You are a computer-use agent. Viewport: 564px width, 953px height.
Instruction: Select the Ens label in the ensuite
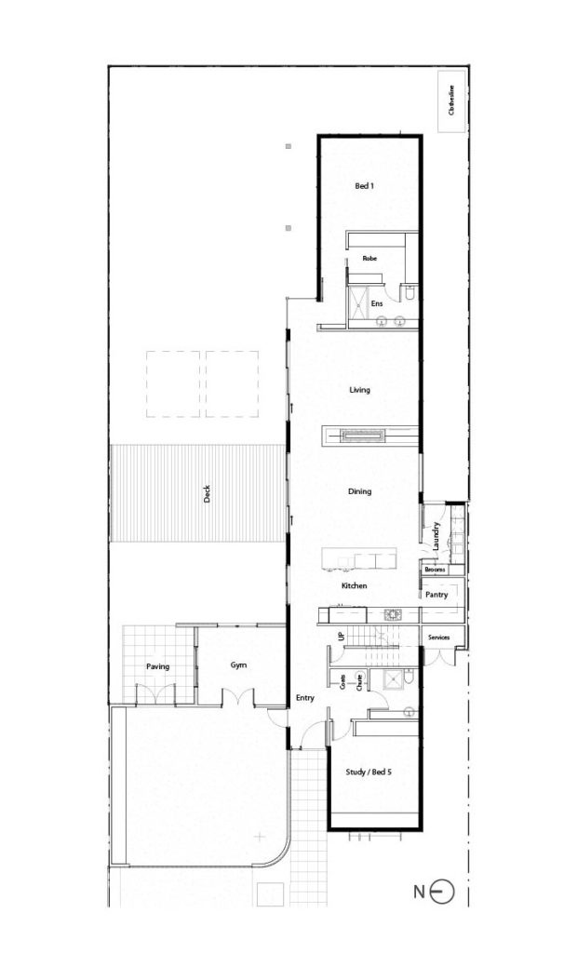(377, 303)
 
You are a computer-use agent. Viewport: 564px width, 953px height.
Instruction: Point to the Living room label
(359, 390)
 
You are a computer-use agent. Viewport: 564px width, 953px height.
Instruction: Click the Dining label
(359, 490)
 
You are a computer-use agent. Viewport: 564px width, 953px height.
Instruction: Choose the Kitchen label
(355, 586)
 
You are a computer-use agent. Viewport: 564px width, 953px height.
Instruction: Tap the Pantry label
(436, 593)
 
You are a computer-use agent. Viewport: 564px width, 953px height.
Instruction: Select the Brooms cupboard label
(434, 569)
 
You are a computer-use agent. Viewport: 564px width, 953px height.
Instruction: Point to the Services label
(438, 637)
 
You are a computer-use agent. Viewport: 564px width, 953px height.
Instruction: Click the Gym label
(237, 665)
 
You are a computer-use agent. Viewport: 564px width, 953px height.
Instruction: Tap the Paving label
(157, 666)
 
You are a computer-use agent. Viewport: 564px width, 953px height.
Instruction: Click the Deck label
(207, 494)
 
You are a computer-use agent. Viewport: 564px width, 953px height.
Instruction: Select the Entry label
(303, 697)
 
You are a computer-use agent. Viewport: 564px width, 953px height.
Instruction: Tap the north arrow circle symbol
(443, 893)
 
